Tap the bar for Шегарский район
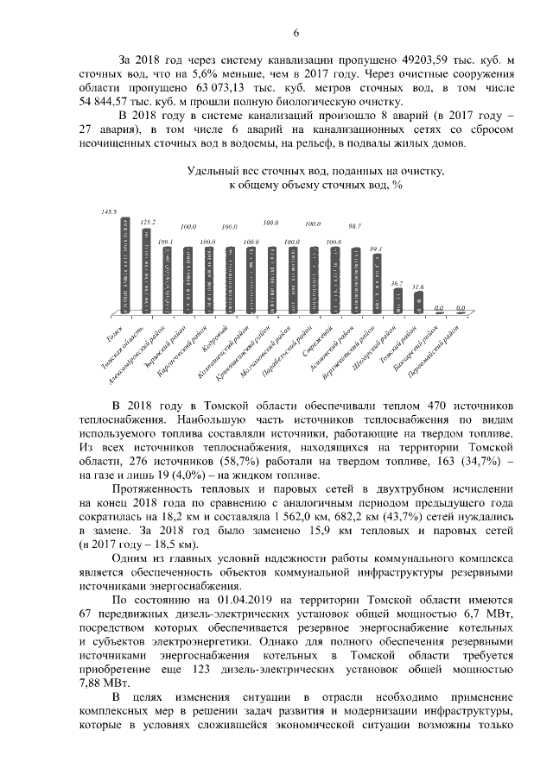398,300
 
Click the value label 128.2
148,222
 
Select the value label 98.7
354,225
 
